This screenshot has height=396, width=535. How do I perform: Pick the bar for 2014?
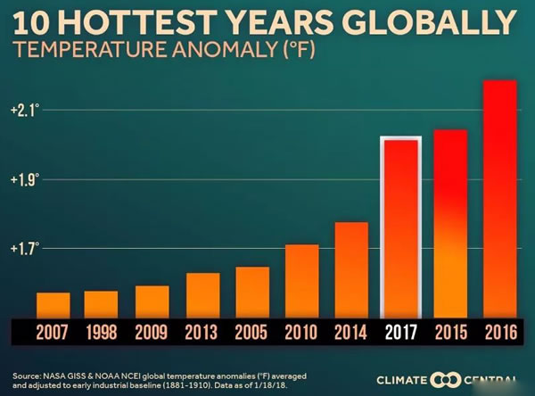(351, 269)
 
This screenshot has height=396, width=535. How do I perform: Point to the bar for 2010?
(301, 281)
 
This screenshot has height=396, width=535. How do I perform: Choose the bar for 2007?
(53, 305)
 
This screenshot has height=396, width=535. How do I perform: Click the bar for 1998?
(102, 304)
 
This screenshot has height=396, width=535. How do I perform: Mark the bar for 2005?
(251, 292)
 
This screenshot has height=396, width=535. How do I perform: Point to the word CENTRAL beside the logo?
(490, 379)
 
